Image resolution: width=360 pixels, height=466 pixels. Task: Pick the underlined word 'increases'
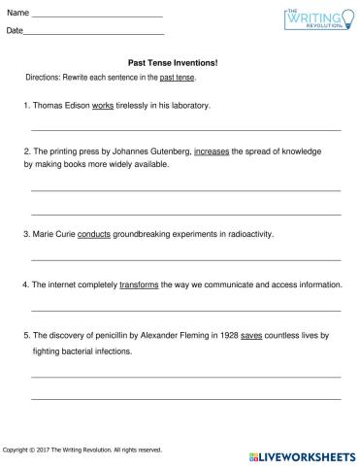tap(213, 151)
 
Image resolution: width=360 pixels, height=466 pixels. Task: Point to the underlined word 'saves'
tap(251, 335)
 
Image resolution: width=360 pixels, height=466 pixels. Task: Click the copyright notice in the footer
tap(83, 449)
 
